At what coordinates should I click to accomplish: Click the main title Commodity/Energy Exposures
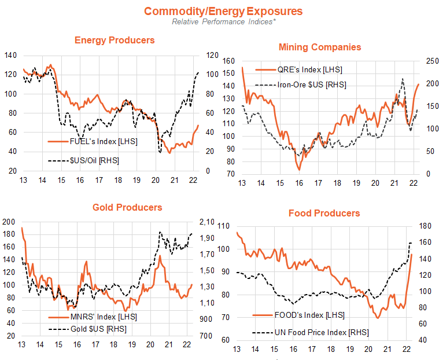223,11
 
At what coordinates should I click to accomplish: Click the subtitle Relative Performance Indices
223,22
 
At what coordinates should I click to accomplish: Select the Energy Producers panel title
115,40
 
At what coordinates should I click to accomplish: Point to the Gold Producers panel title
127,207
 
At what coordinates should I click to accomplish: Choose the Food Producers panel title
324,214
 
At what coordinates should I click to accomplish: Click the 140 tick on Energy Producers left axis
10,55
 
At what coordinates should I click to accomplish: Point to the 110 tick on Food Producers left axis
223,227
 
